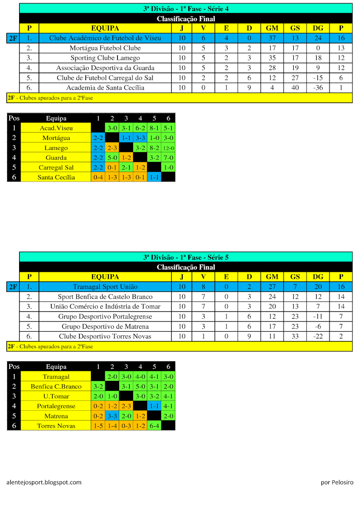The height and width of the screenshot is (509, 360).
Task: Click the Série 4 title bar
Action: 186,8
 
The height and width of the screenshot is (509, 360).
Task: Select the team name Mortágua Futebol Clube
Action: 105,48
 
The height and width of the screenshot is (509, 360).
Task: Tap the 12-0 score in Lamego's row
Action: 168,148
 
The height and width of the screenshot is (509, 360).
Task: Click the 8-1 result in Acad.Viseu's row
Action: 154,128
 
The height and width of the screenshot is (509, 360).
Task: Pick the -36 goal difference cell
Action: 318,88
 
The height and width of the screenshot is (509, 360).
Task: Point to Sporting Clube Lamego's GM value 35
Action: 272,58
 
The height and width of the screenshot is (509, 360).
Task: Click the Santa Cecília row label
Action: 56,177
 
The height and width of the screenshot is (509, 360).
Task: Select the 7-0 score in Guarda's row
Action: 168,158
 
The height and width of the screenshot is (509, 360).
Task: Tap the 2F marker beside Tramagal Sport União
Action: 13,287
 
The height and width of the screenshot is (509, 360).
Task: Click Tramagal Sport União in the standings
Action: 105,287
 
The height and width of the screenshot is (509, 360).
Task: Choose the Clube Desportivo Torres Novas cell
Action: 105,336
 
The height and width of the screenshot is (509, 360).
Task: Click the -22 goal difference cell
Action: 318,336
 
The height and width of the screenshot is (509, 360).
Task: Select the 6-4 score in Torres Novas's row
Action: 154,426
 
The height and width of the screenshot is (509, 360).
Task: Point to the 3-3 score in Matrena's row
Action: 112,416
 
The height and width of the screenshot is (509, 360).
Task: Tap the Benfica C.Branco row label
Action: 56,386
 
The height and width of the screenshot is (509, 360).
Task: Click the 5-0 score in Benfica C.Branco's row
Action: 140,386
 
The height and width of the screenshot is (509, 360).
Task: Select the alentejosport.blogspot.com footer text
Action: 44,482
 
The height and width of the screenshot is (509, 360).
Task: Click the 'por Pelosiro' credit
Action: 337,482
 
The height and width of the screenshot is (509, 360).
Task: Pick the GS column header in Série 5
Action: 295,277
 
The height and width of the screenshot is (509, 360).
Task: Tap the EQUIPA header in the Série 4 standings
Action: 105,28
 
